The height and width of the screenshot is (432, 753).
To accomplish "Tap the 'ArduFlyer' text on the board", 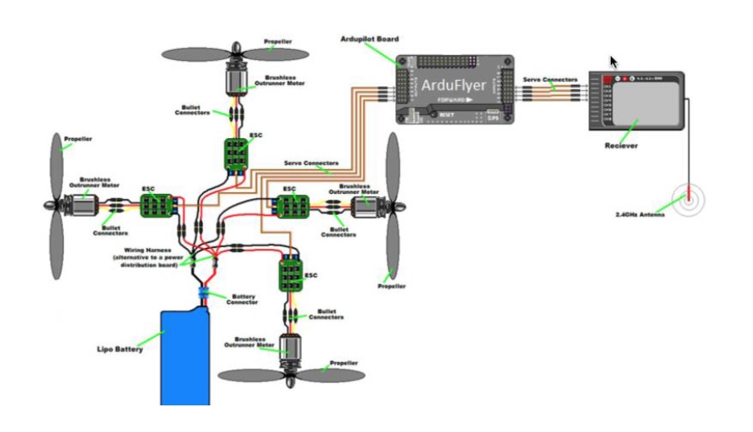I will (453, 84).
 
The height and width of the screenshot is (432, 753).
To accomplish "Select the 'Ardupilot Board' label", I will (369, 39).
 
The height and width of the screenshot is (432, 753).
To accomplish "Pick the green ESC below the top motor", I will (237, 153).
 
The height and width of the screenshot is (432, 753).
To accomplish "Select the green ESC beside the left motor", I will (156, 206).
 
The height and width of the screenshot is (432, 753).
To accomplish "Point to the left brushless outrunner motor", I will (79, 206).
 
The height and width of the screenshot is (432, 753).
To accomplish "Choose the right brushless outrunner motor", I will (364, 208).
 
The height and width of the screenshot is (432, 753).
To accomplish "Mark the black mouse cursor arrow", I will (613, 62).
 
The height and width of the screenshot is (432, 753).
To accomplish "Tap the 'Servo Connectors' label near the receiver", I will (549, 80).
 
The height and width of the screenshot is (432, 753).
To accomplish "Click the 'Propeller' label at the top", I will (277, 41).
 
